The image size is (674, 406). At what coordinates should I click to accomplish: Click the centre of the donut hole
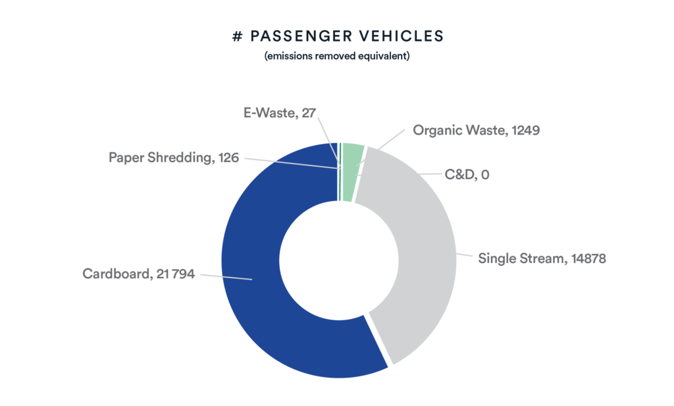[339, 260]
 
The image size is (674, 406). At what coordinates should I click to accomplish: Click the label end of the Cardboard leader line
[201, 275]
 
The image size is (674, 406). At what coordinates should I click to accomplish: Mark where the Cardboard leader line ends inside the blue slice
[252, 280]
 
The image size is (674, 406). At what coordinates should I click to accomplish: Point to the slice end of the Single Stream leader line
[456, 254]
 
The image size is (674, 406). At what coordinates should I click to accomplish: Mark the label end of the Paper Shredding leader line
[245, 158]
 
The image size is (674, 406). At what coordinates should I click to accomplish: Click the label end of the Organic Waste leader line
[405, 130]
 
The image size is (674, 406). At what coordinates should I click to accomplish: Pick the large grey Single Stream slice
[423, 254]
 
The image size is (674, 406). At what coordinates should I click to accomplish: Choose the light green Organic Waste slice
[353, 172]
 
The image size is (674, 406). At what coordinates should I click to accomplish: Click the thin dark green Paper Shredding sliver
[340, 172]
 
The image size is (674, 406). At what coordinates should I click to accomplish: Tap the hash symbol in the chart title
[237, 37]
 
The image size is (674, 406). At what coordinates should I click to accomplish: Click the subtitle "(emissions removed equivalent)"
[337, 56]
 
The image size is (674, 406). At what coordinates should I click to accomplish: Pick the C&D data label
[467, 175]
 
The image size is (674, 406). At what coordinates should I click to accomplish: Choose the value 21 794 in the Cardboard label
[176, 274]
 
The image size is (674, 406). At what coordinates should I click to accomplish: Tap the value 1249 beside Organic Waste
[526, 130]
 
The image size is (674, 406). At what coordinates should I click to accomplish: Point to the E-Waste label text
[280, 113]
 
